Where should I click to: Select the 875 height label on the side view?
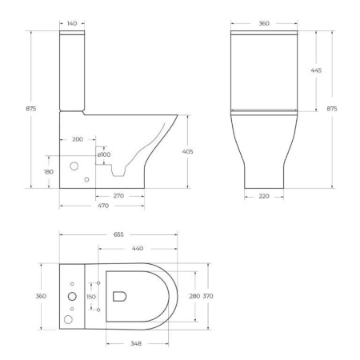coord(30,109)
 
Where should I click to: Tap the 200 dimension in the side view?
coord(78,139)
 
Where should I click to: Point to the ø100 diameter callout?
coord(105,154)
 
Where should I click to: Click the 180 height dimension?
coord(48,171)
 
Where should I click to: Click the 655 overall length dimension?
coord(118,235)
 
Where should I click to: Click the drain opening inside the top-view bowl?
coord(120,296)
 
